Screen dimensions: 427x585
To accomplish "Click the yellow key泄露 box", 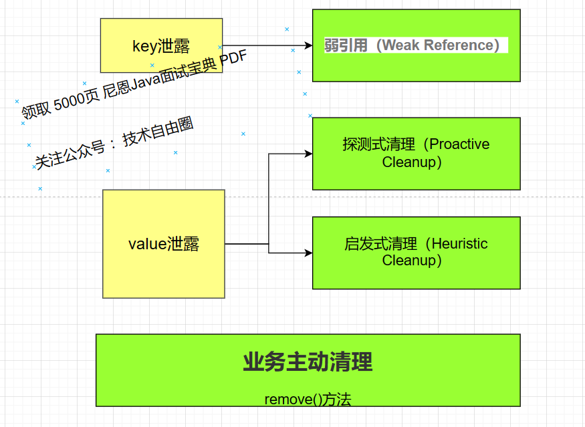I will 161,45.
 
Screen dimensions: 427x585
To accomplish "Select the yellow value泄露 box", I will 164,244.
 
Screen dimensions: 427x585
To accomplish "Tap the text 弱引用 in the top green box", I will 346,45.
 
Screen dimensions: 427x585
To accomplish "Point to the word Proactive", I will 459,144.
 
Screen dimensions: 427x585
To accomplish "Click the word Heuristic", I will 459,244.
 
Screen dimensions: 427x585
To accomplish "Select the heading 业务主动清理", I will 308,362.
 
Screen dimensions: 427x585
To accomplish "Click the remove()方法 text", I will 308,400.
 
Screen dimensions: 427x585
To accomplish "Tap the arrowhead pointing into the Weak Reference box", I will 308,45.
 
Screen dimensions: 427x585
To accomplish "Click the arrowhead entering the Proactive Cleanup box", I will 308,154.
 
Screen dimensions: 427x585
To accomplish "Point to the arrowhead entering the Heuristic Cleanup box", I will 308,253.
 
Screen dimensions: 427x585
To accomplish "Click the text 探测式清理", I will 378,144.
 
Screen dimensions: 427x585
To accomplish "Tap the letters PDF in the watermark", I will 233,60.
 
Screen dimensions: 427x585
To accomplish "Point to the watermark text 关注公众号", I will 70,155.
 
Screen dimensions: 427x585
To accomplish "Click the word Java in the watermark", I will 146,83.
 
